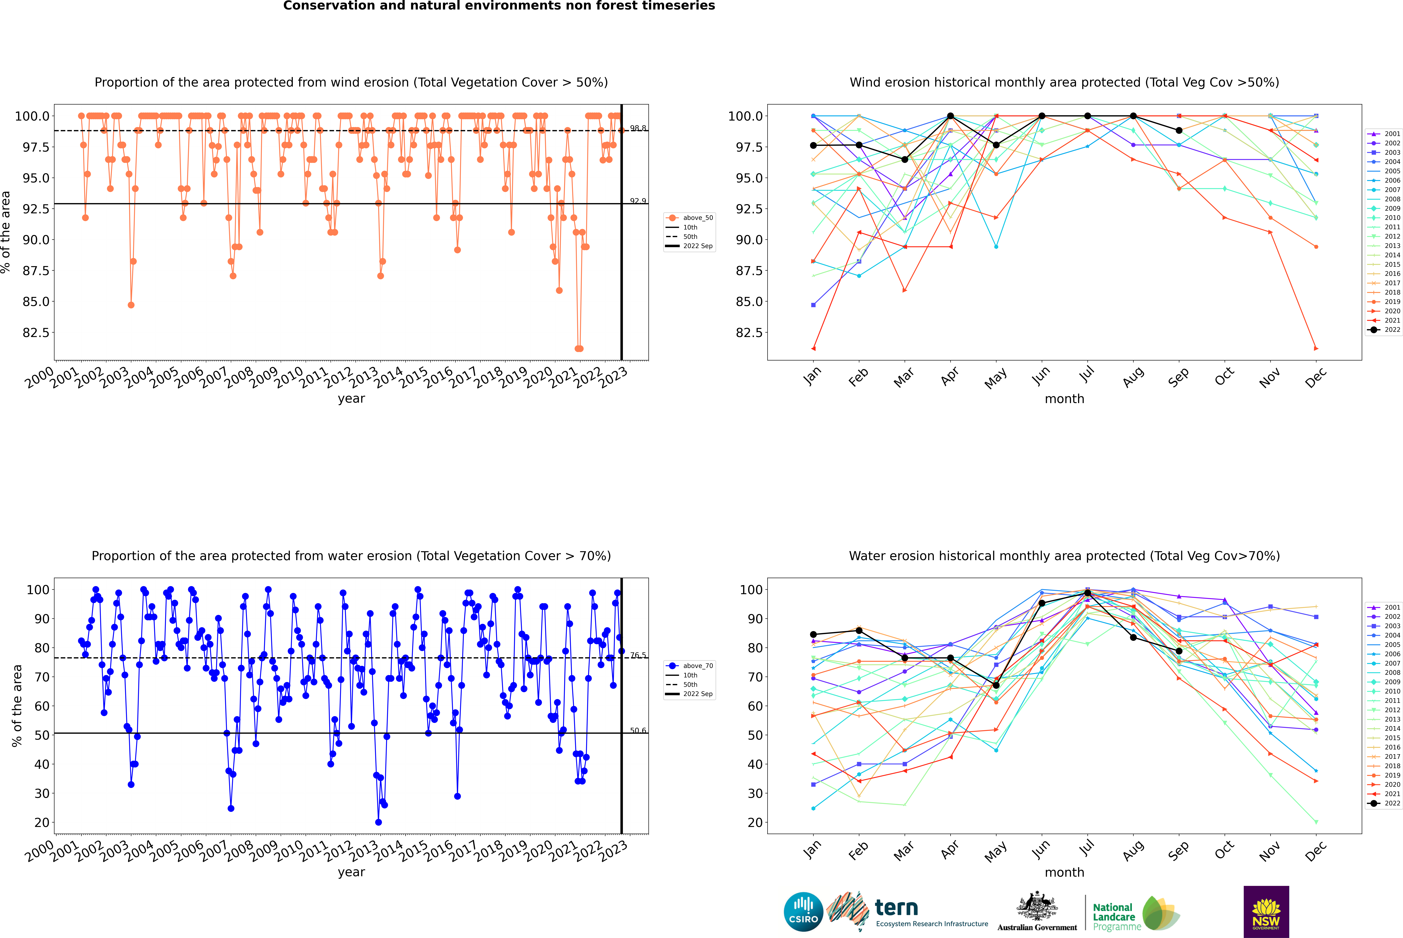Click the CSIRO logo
tap(803, 912)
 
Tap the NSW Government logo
tap(1266, 912)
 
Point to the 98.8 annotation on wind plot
tap(638, 128)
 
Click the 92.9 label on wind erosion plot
tap(638, 201)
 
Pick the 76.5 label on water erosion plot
tap(638, 655)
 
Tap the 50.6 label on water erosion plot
tap(638, 730)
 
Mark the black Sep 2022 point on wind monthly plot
tap(1179, 130)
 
